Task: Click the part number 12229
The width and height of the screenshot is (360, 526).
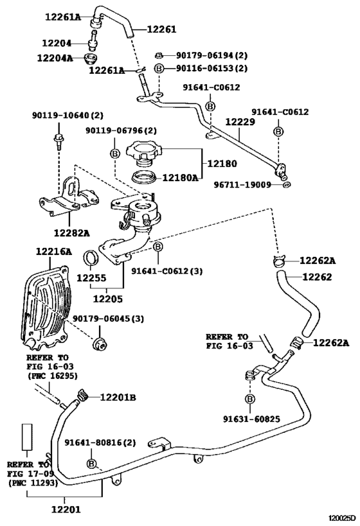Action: coord(240,122)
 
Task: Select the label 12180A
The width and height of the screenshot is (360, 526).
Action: coord(181,177)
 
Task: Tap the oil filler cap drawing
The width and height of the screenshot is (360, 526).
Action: coord(144,153)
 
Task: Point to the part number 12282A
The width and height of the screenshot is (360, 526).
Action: coord(72,232)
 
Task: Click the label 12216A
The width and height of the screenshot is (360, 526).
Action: coord(54,251)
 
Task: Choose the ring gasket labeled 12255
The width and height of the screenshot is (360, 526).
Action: coord(91,258)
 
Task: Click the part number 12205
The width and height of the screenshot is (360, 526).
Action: coord(108,299)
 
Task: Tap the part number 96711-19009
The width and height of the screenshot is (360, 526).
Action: coord(242,184)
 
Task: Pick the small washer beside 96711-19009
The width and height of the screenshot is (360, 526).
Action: coord(287,184)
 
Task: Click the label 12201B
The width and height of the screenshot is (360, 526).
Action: coord(118,398)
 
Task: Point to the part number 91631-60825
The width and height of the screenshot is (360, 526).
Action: coord(252,419)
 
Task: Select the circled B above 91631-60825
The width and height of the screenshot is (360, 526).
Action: coord(250,399)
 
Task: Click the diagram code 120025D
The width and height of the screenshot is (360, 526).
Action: coord(341,518)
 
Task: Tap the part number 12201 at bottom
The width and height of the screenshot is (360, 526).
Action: coord(66,509)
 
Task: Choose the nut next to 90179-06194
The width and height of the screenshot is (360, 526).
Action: coord(159,55)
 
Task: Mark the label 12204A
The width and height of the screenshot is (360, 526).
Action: coord(55,58)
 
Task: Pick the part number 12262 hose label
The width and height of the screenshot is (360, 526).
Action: coord(317,277)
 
